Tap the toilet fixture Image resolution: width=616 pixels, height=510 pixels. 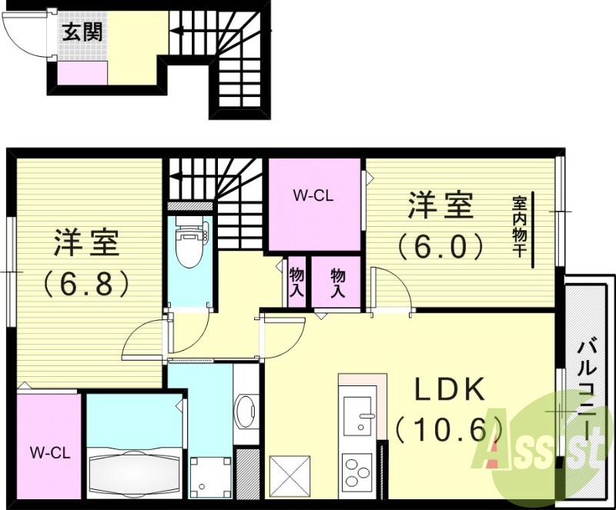click(x=187, y=242)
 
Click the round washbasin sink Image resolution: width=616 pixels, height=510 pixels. click(x=247, y=412)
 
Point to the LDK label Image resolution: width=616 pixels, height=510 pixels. click(x=450, y=391)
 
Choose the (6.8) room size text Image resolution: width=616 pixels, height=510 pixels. click(x=86, y=283)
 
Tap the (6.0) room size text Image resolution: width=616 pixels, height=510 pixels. click(x=440, y=246)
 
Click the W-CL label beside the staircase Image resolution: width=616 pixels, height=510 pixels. click(x=313, y=196)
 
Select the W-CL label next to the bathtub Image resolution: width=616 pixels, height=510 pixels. click(x=51, y=453)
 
